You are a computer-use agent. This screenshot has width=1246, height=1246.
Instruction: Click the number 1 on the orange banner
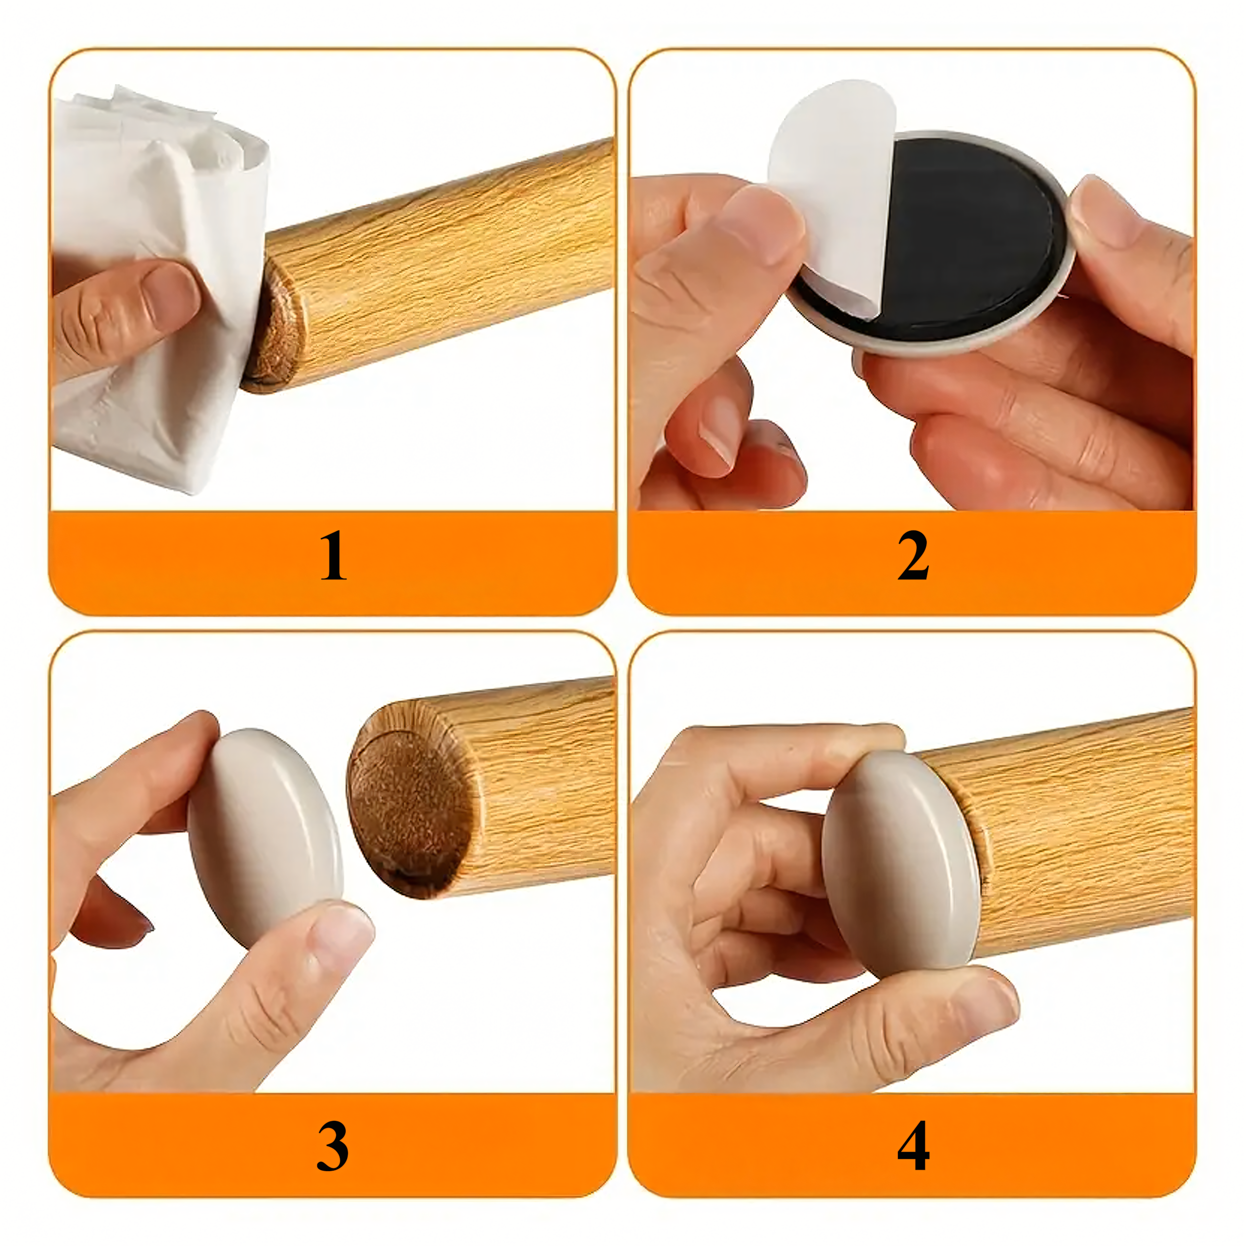[333, 556]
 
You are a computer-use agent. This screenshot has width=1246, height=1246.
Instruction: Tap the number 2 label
[913, 556]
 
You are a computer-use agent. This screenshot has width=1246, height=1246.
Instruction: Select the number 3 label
[333, 1146]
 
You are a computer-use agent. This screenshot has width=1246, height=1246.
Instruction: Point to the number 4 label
[913, 1146]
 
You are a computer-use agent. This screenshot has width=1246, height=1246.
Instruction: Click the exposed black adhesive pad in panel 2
[968, 226]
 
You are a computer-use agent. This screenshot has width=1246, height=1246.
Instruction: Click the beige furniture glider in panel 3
[264, 839]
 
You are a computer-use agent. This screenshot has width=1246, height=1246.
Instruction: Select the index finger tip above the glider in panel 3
[194, 729]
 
